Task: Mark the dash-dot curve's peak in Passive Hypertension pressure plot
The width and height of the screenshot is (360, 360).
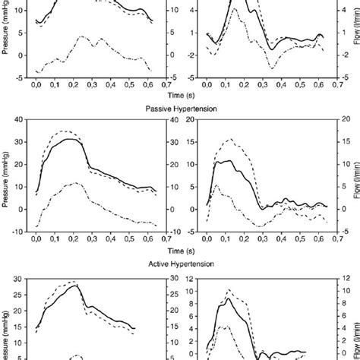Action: click(74, 183)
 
